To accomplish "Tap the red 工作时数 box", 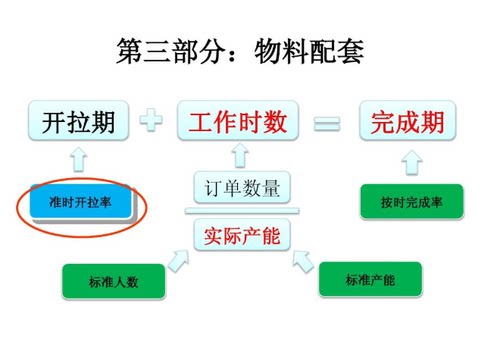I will coord(238,123).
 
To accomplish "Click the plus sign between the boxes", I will coord(152,123).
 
